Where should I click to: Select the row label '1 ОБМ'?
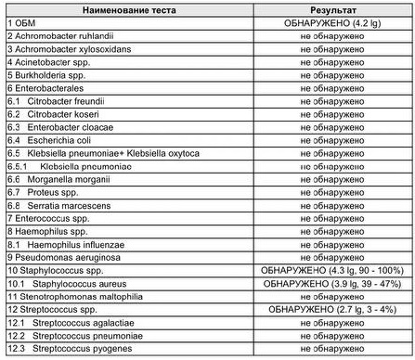click(23, 19)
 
